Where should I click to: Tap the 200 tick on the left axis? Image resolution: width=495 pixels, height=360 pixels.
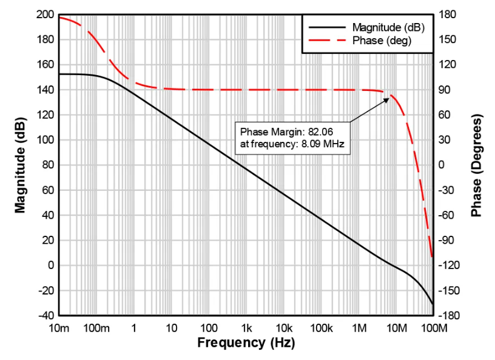click(x=45, y=15)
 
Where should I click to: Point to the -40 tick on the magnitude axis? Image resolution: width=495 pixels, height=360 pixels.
click(x=45, y=316)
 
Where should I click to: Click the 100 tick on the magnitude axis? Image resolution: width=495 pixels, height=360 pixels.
click(x=45, y=140)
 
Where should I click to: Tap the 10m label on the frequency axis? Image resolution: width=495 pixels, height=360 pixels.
click(x=59, y=328)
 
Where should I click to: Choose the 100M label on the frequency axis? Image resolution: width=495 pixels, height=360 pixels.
click(x=433, y=328)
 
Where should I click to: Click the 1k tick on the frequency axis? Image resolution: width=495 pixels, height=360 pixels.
click(x=246, y=328)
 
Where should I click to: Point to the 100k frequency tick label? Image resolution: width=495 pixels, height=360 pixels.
click(x=321, y=328)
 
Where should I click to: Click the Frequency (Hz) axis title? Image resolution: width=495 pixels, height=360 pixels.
click(x=246, y=343)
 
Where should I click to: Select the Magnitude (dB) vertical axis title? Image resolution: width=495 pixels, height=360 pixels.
click(x=21, y=165)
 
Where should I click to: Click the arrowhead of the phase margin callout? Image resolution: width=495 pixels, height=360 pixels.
click(x=388, y=99)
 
